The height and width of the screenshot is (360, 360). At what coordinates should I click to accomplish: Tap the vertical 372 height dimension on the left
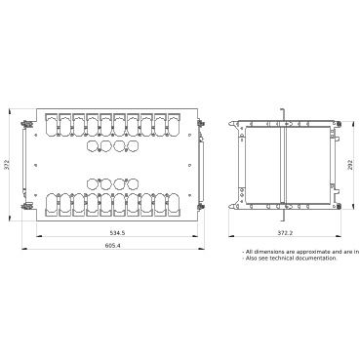click(x=7, y=164)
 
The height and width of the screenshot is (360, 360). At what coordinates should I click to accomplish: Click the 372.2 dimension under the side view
click(x=284, y=235)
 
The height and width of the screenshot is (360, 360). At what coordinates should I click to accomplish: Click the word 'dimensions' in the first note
click(x=276, y=252)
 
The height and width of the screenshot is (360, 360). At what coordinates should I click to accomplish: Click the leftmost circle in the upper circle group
click(x=93, y=145)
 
